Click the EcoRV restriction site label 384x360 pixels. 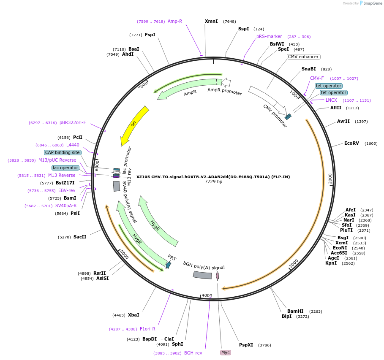coord(351,143)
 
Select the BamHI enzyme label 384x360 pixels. coord(295,311)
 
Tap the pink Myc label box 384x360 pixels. coord(226,352)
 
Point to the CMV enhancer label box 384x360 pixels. coord(303,57)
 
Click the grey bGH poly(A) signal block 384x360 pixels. coord(202,275)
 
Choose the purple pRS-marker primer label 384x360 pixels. coord(269,36)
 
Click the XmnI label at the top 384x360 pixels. coord(211,21)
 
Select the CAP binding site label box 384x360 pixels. coord(63,152)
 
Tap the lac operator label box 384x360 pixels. coord(65,168)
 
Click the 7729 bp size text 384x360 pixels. coord(213,181)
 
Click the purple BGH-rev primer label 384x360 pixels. coord(193,353)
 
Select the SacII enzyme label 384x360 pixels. coord(80,237)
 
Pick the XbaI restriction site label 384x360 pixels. coord(133,315)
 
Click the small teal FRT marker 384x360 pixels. coord(168,265)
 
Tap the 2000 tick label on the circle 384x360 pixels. coord(331,179)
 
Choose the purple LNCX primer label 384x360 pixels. coord(331,100)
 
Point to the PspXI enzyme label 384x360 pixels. coord(246,344)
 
